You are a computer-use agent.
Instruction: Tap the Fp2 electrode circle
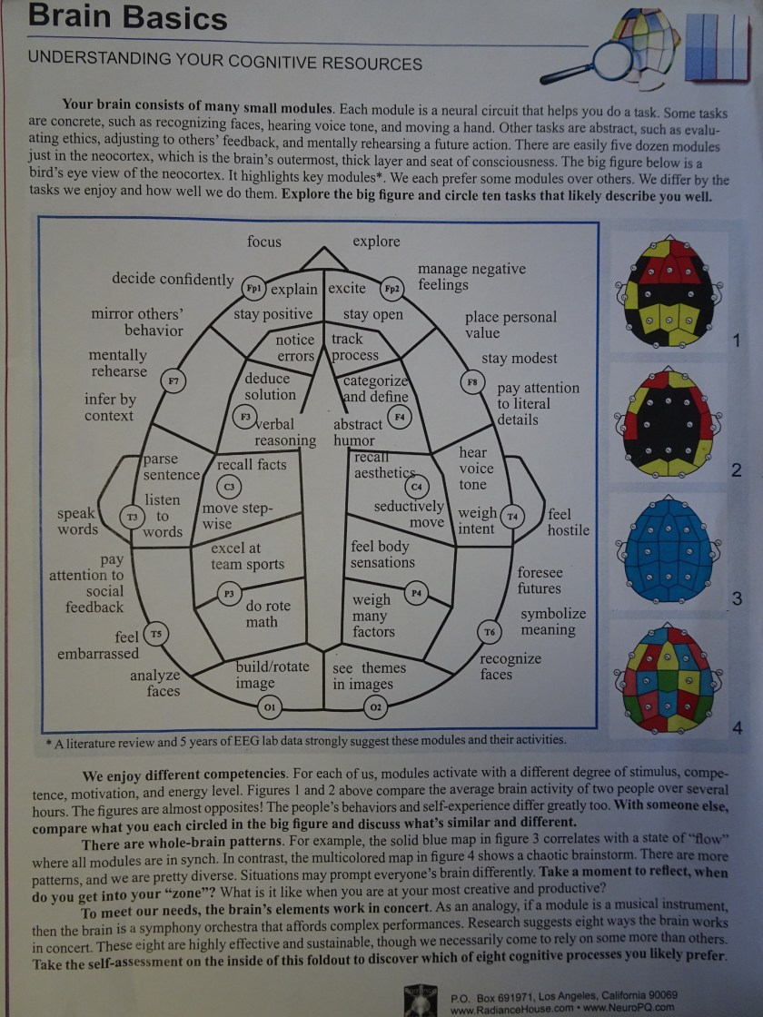[391, 289]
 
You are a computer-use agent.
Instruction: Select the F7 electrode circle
[173, 381]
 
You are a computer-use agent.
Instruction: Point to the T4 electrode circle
[512, 516]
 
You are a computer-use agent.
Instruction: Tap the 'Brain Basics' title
[128, 17]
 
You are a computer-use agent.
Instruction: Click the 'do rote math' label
[268, 614]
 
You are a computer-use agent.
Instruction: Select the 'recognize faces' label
[510, 666]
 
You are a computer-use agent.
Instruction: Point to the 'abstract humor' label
[357, 432]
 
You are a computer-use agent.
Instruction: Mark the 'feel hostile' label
[568, 522]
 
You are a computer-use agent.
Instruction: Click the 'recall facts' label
[252, 465]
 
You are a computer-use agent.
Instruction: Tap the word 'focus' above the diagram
[264, 242]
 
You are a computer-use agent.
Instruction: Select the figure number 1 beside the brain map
[736, 341]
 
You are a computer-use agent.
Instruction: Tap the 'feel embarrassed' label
[100, 645]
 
